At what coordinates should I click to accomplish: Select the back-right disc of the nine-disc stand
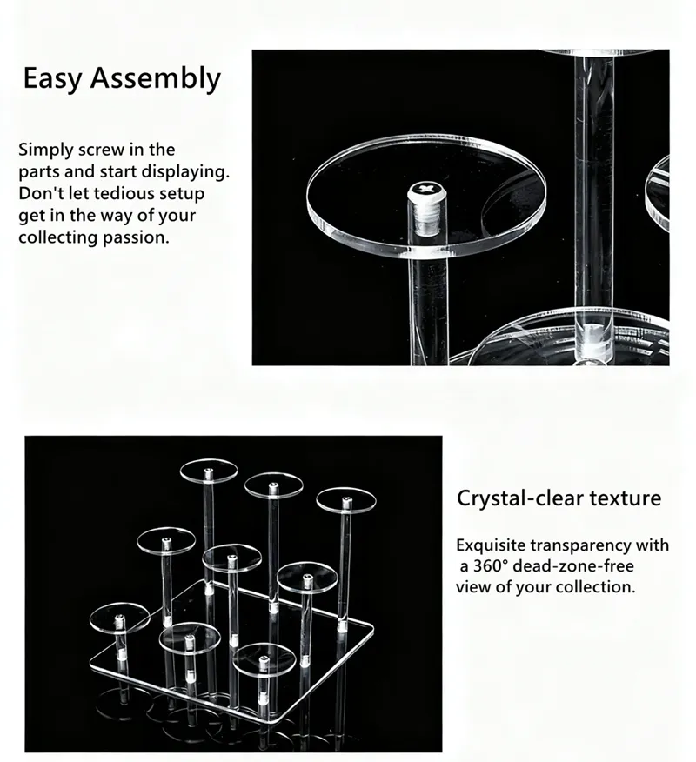coord(345,499)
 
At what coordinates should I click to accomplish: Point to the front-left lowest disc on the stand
coord(119,616)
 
